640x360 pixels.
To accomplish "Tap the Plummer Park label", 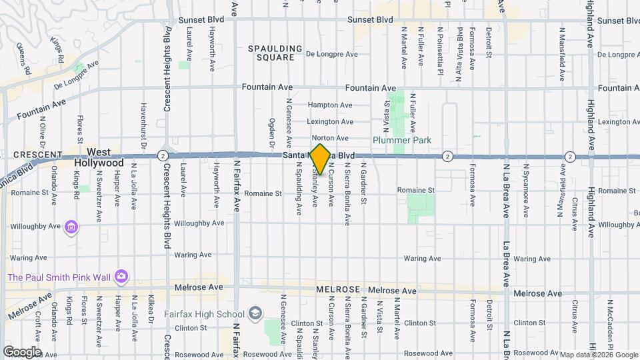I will (401, 140).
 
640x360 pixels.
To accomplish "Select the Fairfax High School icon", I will (255, 313).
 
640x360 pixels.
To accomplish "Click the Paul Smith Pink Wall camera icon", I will (121, 275).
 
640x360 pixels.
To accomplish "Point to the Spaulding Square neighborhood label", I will (271, 53).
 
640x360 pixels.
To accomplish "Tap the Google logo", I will (22, 351).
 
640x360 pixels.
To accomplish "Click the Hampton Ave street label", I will (329, 105).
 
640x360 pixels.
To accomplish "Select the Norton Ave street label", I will (328, 138).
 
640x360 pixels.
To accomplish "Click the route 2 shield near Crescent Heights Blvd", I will (163, 155).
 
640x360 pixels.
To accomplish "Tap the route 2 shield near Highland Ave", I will (570, 156).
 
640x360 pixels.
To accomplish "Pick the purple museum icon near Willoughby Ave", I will (71, 227).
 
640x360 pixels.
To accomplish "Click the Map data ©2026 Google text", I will (598, 355).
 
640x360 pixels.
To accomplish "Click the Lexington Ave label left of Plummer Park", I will (329, 122).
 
